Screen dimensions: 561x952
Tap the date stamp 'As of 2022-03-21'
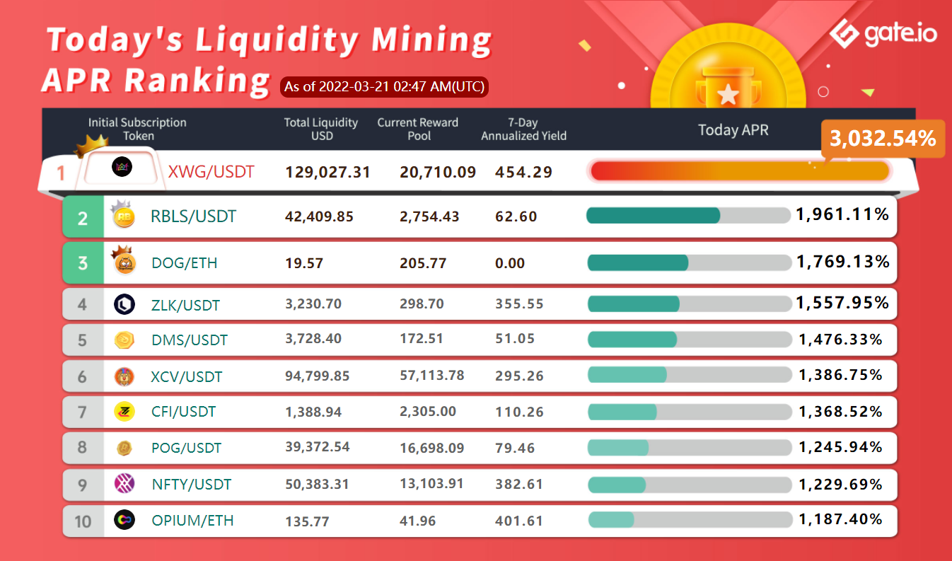click(x=385, y=87)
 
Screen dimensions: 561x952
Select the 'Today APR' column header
click(x=733, y=129)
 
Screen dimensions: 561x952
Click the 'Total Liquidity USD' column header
click(x=321, y=128)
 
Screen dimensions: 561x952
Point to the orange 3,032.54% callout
click(x=883, y=139)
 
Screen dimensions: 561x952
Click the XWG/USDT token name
click(x=211, y=171)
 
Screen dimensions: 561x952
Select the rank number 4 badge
click(x=83, y=305)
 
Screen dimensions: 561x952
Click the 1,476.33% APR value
click(x=840, y=340)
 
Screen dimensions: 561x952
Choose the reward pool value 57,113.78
click(x=431, y=375)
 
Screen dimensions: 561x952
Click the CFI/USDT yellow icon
click(x=124, y=411)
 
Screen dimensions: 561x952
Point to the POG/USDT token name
click(x=187, y=448)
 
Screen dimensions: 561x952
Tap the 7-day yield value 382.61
click(x=519, y=485)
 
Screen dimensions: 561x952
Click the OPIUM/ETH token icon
click(x=124, y=521)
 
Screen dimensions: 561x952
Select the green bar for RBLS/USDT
click(x=653, y=215)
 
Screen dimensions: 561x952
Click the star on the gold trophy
click(x=726, y=93)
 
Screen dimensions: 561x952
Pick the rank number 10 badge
click(x=83, y=521)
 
